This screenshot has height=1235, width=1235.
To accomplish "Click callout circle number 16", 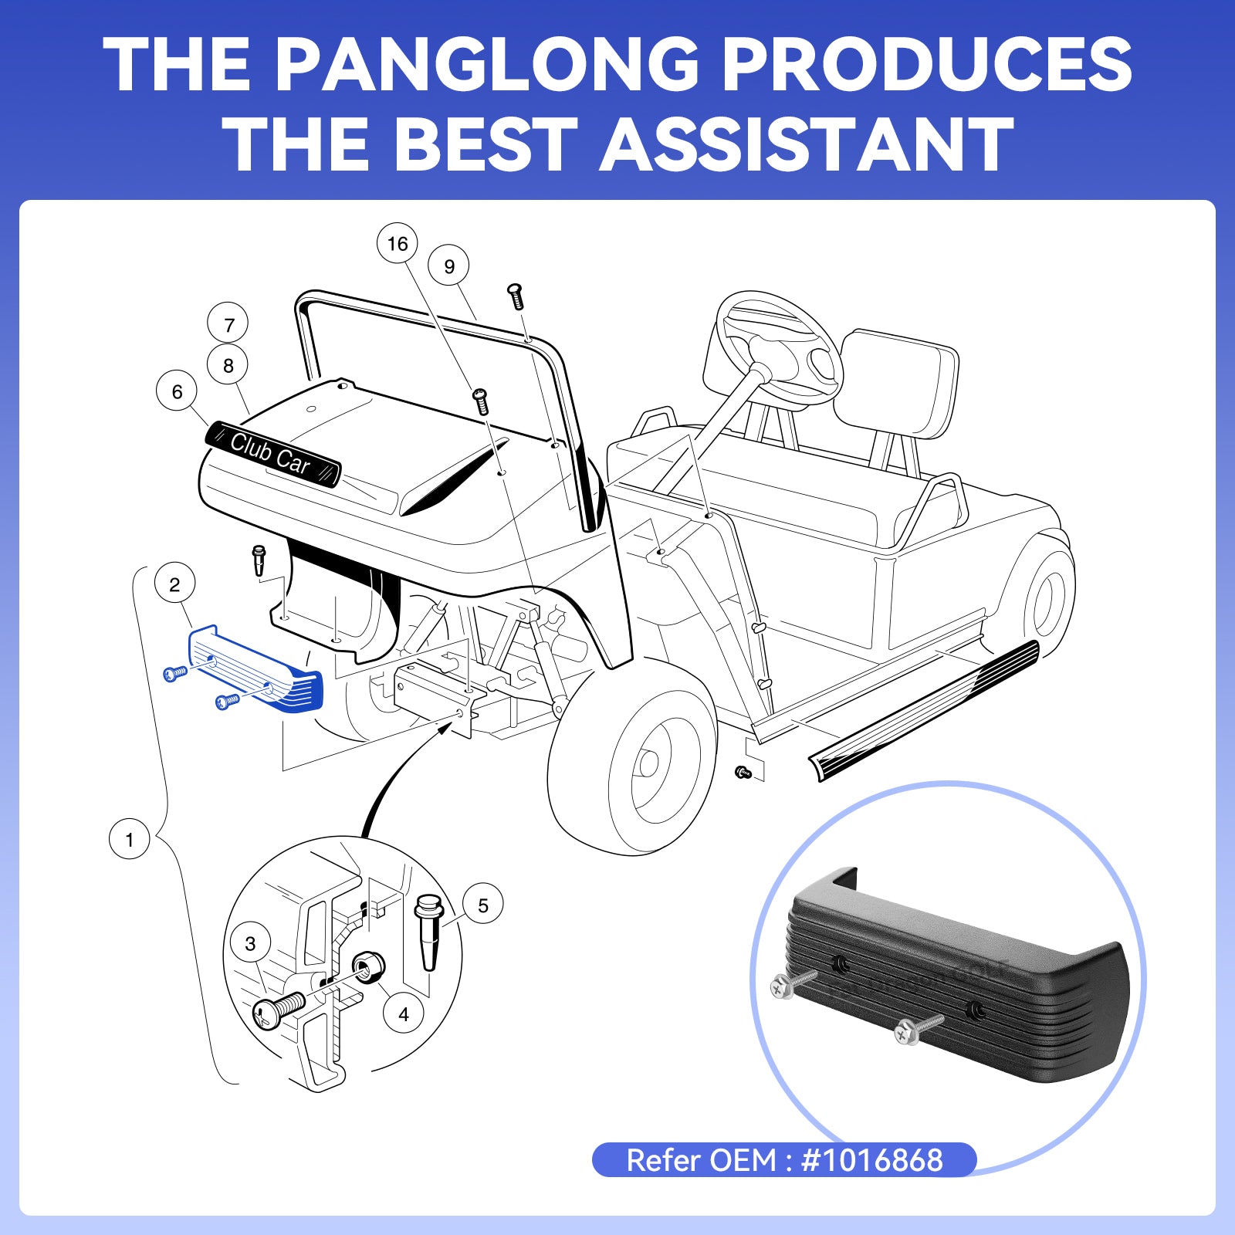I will (397, 244).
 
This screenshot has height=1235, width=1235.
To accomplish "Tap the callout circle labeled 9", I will (449, 266).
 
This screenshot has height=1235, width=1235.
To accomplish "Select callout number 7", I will (228, 324).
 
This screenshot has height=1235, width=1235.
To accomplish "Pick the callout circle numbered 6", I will (177, 392).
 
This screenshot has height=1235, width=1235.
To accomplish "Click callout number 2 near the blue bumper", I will (174, 584).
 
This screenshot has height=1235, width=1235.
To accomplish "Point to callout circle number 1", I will (129, 839).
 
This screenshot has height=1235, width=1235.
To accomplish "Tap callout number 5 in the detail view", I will (483, 905).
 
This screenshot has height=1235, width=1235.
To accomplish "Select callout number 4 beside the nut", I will (404, 1013).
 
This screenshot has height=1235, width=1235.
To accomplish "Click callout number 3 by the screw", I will (250, 943).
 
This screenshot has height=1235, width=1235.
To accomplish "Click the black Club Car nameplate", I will (272, 454).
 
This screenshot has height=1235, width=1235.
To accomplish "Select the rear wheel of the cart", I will (1047, 598).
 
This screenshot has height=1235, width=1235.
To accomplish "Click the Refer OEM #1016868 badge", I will (783, 1160).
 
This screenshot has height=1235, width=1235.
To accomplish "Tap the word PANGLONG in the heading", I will (486, 66).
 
